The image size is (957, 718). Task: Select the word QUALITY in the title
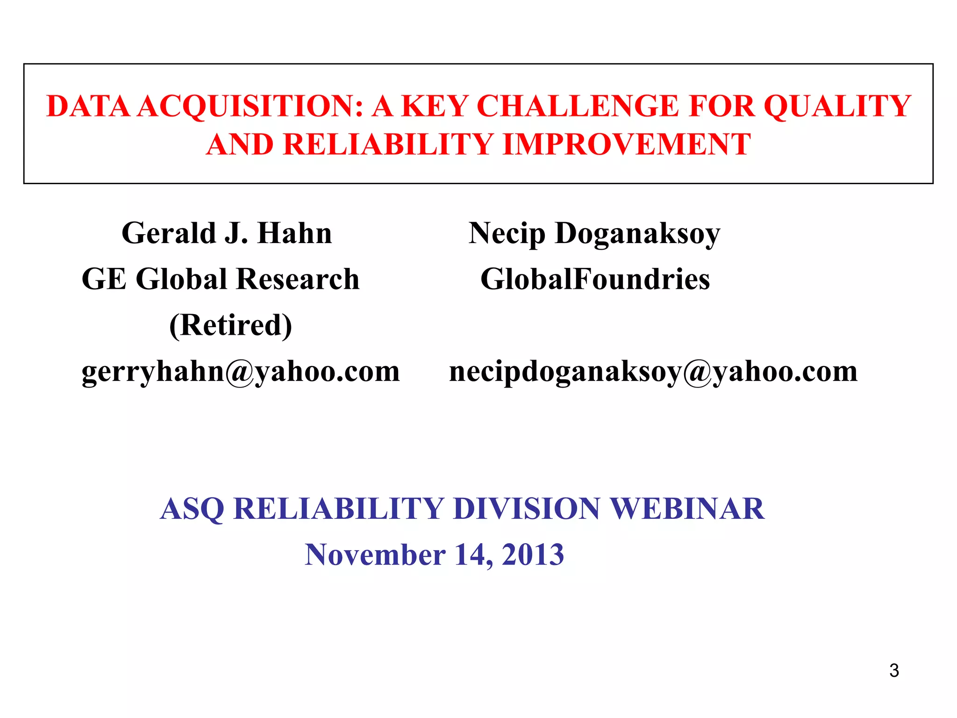click(x=837, y=106)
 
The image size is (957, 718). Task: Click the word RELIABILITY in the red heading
click(x=388, y=144)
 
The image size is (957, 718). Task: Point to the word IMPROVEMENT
click(x=627, y=144)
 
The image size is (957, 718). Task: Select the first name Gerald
click(x=169, y=233)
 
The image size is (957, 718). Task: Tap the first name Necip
click(x=507, y=233)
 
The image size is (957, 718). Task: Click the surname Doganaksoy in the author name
click(x=637, y=234)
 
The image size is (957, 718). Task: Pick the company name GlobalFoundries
click(x=595, y=280)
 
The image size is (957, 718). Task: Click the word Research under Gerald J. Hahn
click(x=298, y=280)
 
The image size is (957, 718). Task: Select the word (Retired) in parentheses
click(x=230, y=325)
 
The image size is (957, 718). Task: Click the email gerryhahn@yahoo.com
click(x=241, y=372)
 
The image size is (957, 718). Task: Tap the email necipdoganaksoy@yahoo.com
click(x=653, y=372)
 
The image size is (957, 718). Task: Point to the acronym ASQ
click(x=192, y=509)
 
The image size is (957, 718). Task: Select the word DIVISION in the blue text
click(x=526, y=509)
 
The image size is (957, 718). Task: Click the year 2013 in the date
click(x=533, y=555)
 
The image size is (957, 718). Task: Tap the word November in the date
click(x=375, y=555)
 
